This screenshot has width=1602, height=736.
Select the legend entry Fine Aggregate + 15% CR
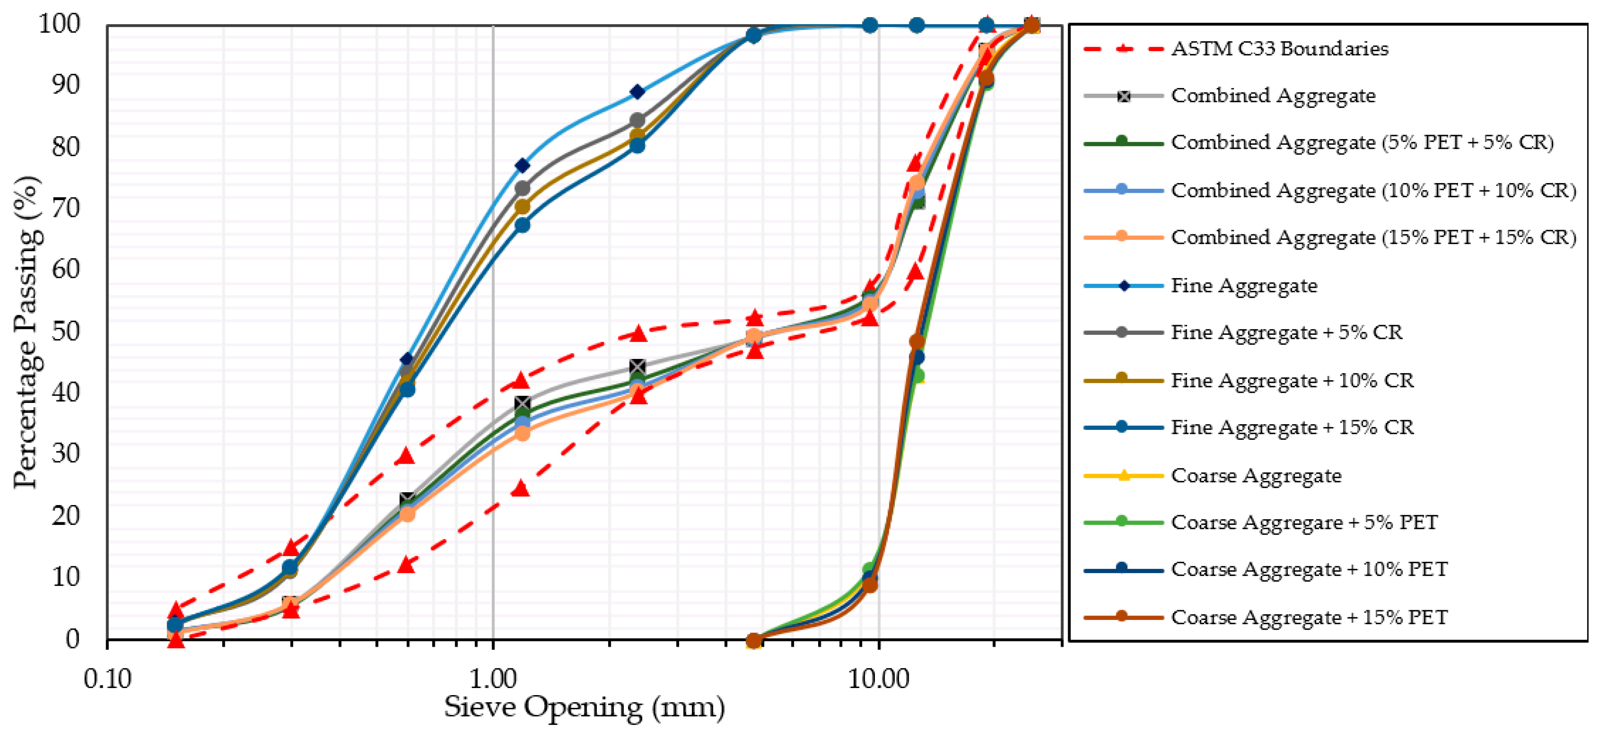click(x=1292, y=427)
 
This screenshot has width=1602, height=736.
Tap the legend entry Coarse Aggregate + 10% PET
click(x=1308, y=569)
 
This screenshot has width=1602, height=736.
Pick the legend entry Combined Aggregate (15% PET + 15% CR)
click(x=1373, y=238)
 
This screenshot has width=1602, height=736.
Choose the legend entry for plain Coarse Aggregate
click(x=1256, y=476)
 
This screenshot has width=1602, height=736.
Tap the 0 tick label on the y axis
click(x=73, y=638)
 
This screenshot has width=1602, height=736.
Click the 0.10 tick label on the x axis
click(x=107, y=679)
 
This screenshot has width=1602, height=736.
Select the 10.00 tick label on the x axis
click(x=878, y=679)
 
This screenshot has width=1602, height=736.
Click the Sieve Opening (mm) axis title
click(x=584, y=707)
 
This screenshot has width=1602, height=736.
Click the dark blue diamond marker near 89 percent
click(x=637, y=92)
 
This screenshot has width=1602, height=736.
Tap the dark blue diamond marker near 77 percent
click(x=522, y=165)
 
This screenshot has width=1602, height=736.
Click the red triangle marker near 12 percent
click(x=406, y=565)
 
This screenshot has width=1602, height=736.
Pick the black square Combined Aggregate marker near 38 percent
click(x=522, y=403)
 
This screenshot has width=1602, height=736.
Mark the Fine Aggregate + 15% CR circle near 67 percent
click(x=522, y=225)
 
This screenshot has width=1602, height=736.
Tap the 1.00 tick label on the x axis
click(x=492, y=679)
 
